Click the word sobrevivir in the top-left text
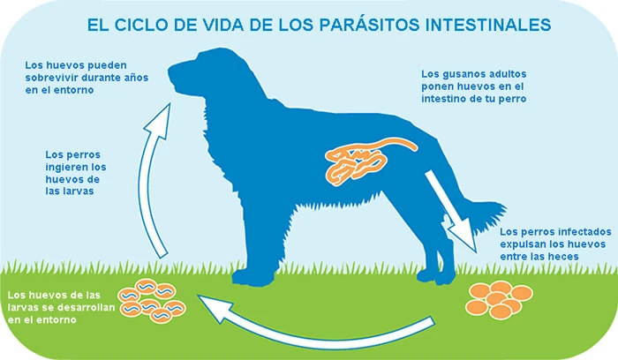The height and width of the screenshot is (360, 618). click(55, 78)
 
